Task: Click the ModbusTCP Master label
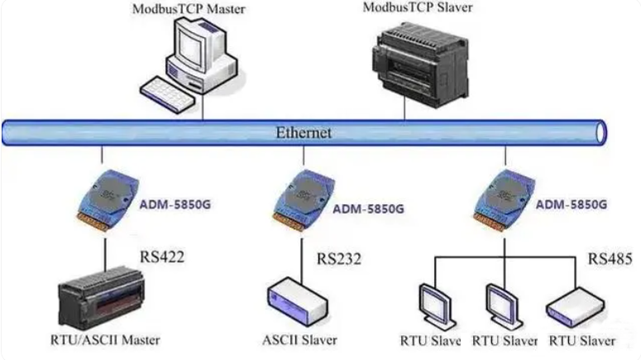pyautogui.click(x=189, y=9)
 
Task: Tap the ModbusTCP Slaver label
pyautogui.click(x=418, y=7)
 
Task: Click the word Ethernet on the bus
pyautogui.click(x=304, y=132)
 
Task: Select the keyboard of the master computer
pyautogui.click(x=167, y=94)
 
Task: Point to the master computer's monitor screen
pyautogui.click(x=192, y=46)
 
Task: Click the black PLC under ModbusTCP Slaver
pyautogui.click(x=420, y=65)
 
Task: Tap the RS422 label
pyautogui.click(x=162, y=257)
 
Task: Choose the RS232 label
pyautogui.click(x=339, y=259)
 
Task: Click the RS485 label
pyautogui.click(x=610, y=258)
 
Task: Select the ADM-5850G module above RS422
pyautogui.click(x=108, y=200)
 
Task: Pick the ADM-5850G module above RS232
pyautogui.click(x=304, y=200)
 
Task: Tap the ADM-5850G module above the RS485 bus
pyautogui.click(x=505, y=200)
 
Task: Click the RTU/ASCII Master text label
pyautogui.click(x=105, y=340)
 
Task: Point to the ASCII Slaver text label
pyautogui.click(x=299, y=340)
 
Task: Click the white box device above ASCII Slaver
pyautogui.click(x=298, y=302)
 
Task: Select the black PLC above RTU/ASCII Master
pyautogui.click(x=101, y=298)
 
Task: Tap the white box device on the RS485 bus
pyautogui.click(x=575, y=307)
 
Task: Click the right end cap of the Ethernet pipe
pyautogui.click(x=600, y=133)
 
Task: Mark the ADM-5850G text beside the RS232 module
pyautogui.click(x=368, y=209)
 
